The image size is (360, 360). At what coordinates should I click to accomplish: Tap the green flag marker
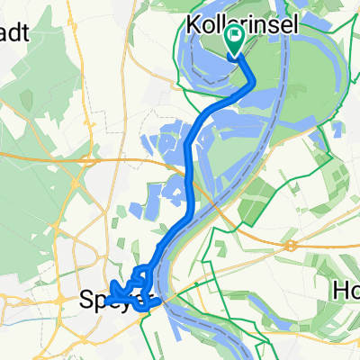(236, 39)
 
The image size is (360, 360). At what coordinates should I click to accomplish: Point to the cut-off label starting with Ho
(346, 292)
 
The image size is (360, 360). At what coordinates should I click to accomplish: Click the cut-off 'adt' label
(15, 33)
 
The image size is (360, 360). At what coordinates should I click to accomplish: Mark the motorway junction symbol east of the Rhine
(291, 245)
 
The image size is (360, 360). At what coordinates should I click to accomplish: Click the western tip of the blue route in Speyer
(112, 291)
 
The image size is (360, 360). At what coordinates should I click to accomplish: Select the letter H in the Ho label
(340, 292)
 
